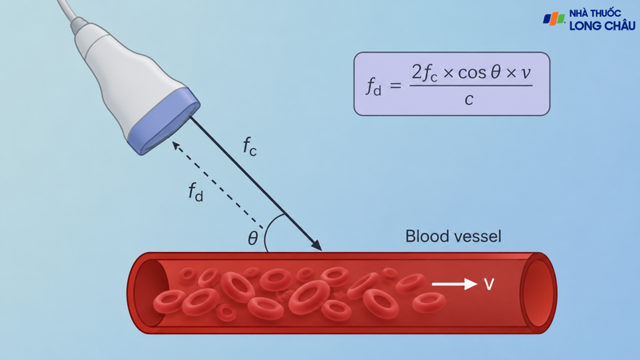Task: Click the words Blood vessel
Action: tap(453, 236)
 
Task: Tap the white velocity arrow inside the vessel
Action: tap(454, 284)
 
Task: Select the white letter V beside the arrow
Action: tap(489, 284)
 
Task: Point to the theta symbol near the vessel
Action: tap(253, 238)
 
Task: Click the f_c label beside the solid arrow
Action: tap(250, 146)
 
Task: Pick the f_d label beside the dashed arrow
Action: tap(195, 192)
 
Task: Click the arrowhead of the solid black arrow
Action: tap(316, 244)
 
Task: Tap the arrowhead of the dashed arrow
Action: tap(176, 146)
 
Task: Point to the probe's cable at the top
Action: tap(67, 11)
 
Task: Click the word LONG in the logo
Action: tap(586, 26)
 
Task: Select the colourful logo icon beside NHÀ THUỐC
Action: tap(554, 19)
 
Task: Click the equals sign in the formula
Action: tap(395, 86)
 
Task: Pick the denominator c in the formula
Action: tap(469, 99)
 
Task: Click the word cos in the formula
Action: tap(472, 73)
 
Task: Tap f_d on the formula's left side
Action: tap(374, 86)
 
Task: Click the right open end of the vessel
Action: tap(538, 293)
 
